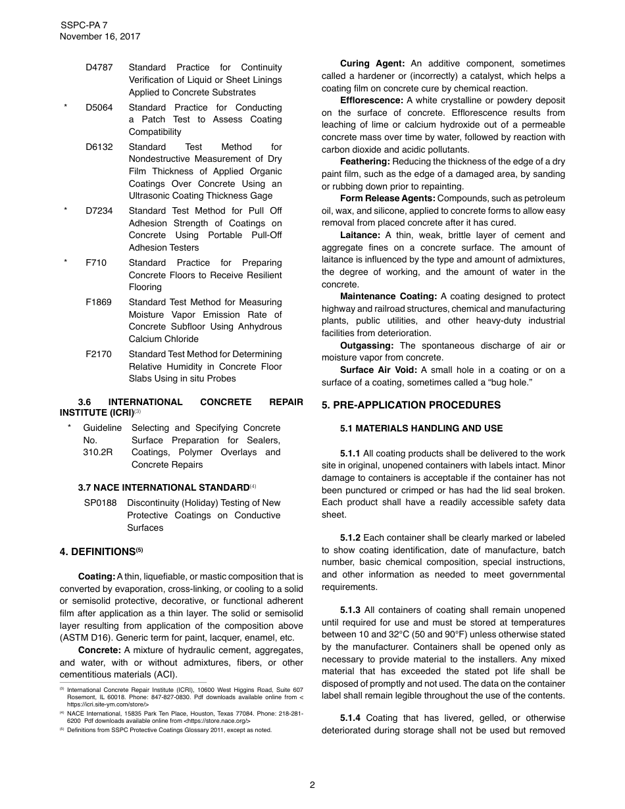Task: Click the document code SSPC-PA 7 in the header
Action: point(84,25)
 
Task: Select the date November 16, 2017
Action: point(99,37)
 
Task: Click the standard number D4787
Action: point(99,68)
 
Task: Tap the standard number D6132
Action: point(99,147)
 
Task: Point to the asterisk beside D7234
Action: point(66,211)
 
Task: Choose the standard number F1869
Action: point(99,303)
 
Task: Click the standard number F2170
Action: point(99,355)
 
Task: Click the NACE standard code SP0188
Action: point(100,503)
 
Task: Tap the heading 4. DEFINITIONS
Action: point(101,552)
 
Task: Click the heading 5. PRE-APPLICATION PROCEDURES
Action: point(411,405)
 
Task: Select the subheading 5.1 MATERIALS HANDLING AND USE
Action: point(421,429)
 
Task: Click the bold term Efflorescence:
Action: point(372,101)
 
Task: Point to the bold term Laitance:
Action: point(360,235)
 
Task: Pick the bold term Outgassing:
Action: point(367,346)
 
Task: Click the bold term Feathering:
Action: point(365,162)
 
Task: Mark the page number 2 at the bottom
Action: point(312,785)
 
